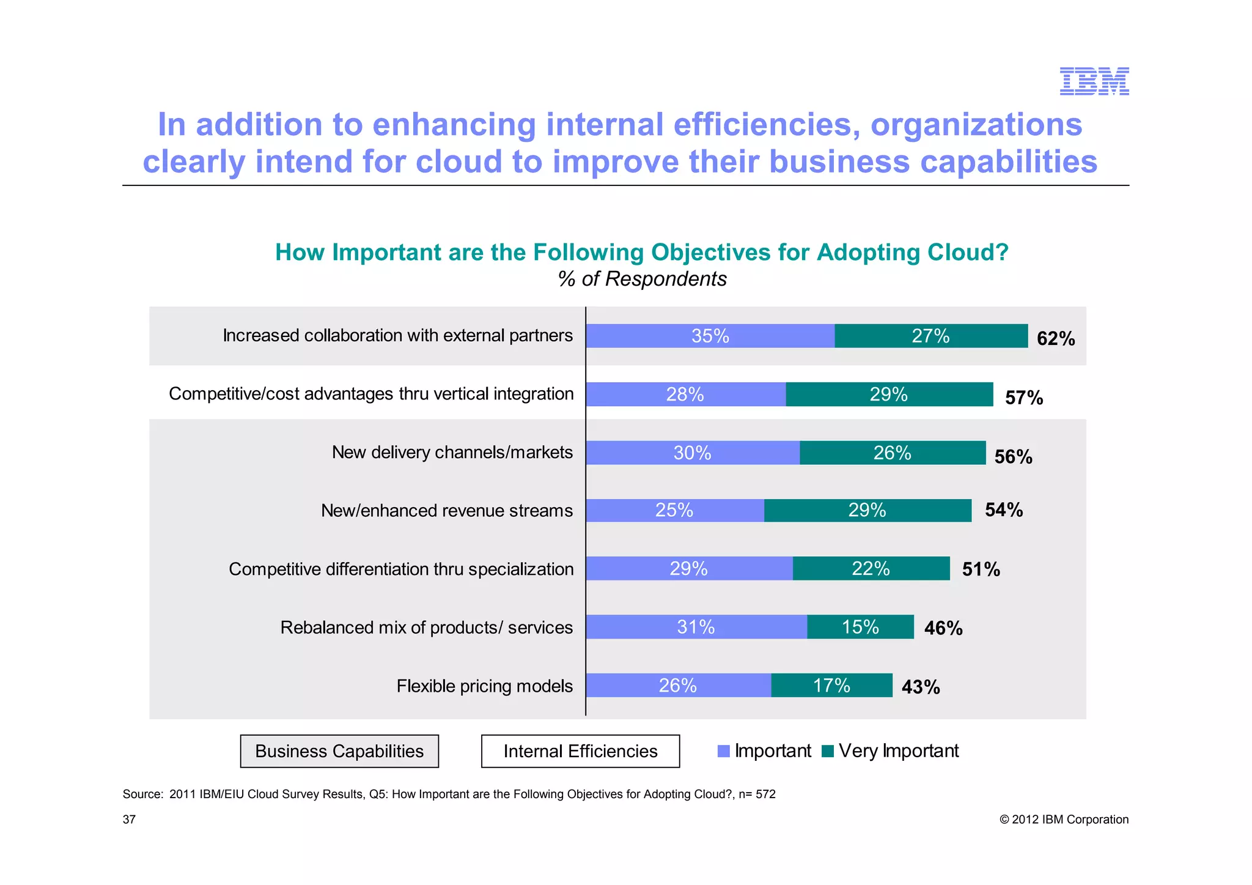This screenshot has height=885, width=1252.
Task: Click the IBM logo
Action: (x=1094, y=81)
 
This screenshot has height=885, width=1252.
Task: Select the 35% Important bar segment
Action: (x=710, y=336)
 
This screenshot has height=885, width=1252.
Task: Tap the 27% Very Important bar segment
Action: (x=930, y=336)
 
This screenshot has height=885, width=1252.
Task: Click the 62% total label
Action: (x=1056, y=338)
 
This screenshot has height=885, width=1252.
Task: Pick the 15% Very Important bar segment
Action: (x=860, y=627)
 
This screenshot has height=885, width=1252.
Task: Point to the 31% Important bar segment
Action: (x=696, y=627)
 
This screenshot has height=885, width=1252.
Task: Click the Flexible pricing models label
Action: (x=484, y=686)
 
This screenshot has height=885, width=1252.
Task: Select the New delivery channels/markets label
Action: (x=452, y=452)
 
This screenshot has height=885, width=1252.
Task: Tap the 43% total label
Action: (x=921, y=687)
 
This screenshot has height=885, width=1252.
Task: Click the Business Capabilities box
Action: (x=339, y=751)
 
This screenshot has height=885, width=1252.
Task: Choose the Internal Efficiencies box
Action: (x=580, y=751)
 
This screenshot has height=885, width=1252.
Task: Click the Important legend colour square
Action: (x=724, y=751)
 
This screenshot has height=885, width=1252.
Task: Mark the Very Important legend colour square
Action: (x=828, y=751)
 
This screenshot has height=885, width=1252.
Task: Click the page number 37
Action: (x=129, y=820)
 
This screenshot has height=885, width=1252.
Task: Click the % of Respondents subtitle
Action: (x=642, y=279)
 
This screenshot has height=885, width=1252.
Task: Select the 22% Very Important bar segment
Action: (x=871, y=569)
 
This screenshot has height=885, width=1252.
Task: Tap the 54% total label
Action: (x=1004, y=509)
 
